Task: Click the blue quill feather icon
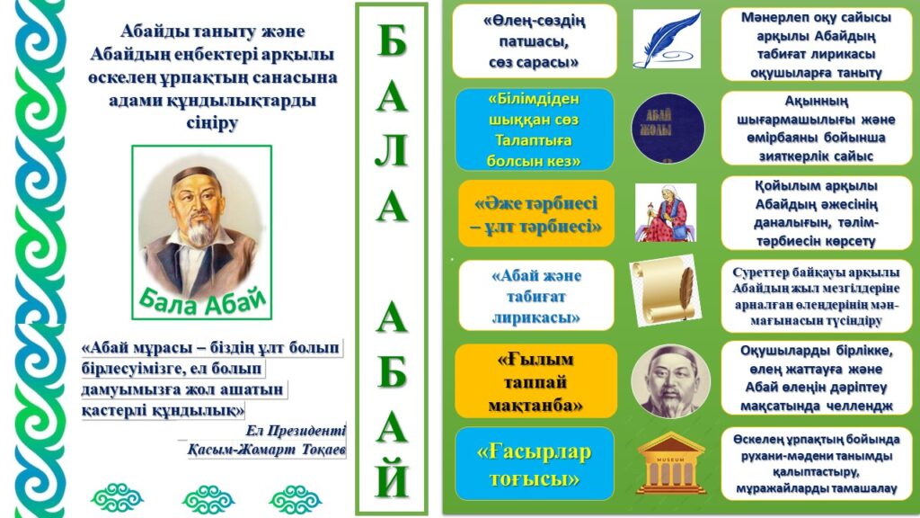667,39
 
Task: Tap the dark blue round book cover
668,128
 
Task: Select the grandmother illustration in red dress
666,212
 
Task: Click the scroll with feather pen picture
666,290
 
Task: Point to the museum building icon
670,463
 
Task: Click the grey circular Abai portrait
670,381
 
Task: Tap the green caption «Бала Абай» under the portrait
202,300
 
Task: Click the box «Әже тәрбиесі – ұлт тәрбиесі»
536,213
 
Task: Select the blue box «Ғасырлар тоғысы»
535,464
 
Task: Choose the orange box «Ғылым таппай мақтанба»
535,381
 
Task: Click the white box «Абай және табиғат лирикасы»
536,295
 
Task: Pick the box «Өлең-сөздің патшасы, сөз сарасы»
535,41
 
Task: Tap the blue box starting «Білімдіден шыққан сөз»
535,129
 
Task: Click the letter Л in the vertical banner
392,150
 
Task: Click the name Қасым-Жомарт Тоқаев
266,450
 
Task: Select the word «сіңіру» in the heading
212,123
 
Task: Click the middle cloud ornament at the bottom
208,498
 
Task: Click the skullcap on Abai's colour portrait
197,174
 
